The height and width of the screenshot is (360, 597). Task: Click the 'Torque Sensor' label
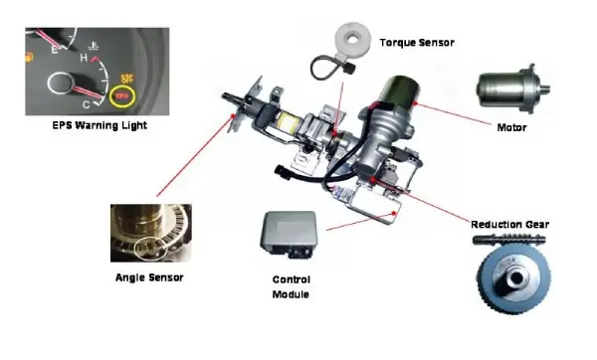click(x=417, y=43)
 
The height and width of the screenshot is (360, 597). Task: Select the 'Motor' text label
click(x=511, y=127)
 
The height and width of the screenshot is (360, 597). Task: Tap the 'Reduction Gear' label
click(x=509, y=225)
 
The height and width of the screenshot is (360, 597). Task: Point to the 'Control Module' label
click(x=292, y=287)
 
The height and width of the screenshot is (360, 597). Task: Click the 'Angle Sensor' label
click(x=149, y=277)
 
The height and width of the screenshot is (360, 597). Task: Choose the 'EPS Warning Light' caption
click(x=99, y=125)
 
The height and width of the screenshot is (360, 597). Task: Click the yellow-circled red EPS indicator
click(x=121, y=96)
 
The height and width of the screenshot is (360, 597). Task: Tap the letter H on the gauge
click(x=84, y=58)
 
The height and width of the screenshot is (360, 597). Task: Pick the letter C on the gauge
click(x=86, y=104)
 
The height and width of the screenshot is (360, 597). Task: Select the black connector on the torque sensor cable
click(x=349, y=69)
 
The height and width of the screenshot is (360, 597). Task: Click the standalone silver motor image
click(x=512, y=90)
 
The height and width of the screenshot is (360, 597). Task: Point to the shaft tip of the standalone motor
click(x=547, y=89)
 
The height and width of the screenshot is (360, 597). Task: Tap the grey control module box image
click(x=289, y=234)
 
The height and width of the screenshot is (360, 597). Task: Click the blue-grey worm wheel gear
click(x=513, y=277)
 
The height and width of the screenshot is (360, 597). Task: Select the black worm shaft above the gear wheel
click(x=509, y=240)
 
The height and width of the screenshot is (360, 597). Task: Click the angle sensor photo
click(x=151, y=233)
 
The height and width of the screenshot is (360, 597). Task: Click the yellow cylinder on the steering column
click(x=288, y=124)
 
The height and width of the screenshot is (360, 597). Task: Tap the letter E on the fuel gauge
click(x=55, y=49)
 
